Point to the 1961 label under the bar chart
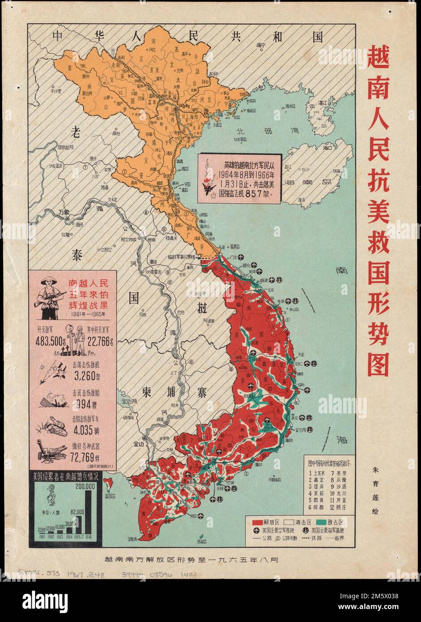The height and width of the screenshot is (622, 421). point(42,536)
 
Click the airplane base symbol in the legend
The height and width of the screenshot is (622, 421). point(256,531)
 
